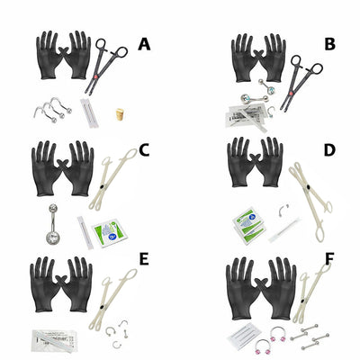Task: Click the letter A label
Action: (144, 44)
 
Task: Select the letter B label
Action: (329, 44)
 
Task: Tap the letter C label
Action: (144, 150)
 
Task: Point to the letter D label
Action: (329, 150)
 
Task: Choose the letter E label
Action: (144, 260)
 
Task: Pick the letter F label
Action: (329, 260)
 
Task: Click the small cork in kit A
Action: (120, 114)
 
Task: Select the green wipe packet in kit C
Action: (110, 232)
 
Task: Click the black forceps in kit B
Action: (301, 81)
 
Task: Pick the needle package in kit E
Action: (52, 340)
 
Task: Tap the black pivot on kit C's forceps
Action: (103, 187)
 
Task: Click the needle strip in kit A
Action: (87, 113)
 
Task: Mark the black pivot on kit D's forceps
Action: (309, 188)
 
